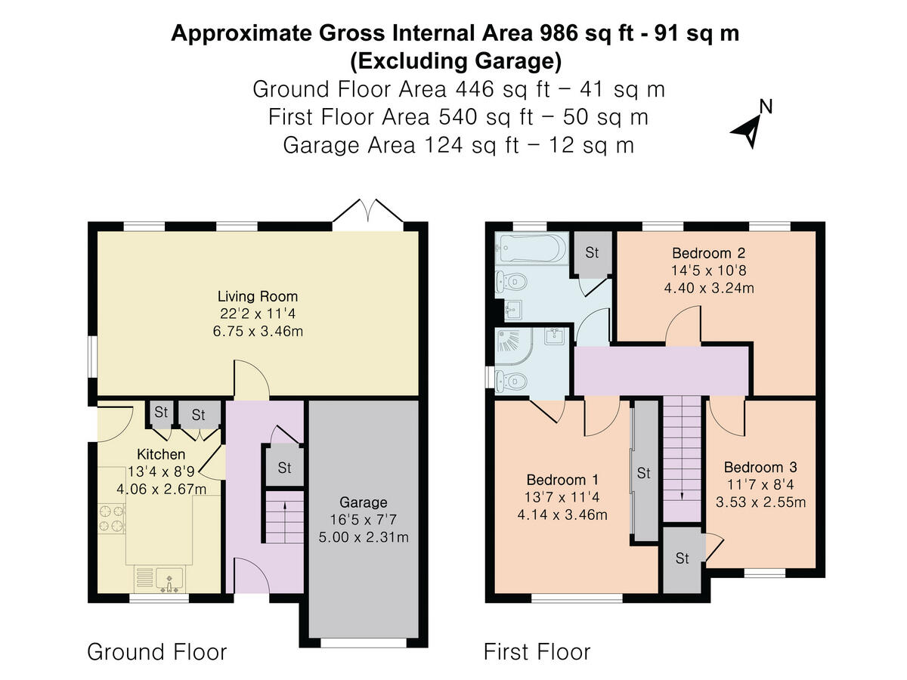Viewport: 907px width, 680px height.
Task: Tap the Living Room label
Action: [258, 296]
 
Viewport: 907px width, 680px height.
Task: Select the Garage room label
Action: [364, 502]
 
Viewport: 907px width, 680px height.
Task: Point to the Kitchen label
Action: [161, 455]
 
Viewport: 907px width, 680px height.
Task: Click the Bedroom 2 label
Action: [709, 253]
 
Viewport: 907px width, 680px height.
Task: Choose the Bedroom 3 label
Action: [760, 468]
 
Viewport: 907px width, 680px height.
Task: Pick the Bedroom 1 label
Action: [562, 481]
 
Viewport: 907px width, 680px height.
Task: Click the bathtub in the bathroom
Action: [531, 248]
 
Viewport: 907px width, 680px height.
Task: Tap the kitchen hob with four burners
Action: [112, 518]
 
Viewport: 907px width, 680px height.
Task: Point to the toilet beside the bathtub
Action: [512, 283]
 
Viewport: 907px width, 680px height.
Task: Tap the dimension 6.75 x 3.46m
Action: [258, 332]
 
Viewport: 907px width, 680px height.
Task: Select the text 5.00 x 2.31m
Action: [364, 537]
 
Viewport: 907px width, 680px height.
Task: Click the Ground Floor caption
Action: [157, 652]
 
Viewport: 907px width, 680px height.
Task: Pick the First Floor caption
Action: [537, 652]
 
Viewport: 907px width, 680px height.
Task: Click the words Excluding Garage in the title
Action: [456, 61]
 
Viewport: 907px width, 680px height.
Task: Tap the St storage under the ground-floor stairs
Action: [284, 468]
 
